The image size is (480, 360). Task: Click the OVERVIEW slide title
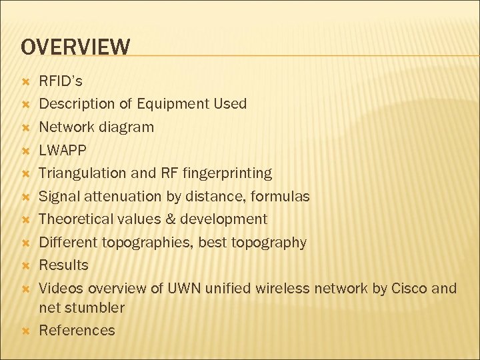75,47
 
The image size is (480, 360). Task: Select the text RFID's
61,81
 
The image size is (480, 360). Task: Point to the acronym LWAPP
63,150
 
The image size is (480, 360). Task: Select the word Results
63,265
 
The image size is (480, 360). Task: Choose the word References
77,331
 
